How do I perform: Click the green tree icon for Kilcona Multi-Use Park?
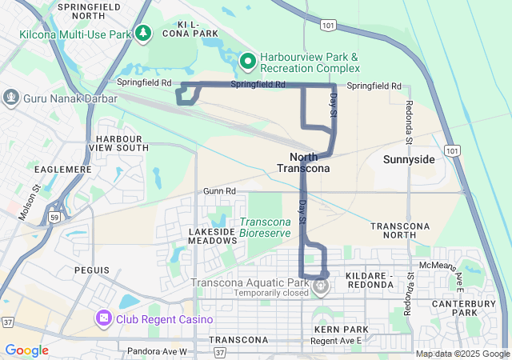click(x=143, y=33)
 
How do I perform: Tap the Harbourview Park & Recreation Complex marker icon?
click(x=248, y=60)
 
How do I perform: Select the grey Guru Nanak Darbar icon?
click(x=11, y=98)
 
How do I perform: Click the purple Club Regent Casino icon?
click(x=103, y=319)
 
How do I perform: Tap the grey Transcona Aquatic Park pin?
click(x=321, y=285)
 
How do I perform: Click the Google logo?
click(x=26, y=350)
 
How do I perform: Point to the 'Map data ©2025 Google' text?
click(x=462, y=354)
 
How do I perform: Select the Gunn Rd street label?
click(x=219, y=191)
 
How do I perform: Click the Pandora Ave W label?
click(x=156, y=351)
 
